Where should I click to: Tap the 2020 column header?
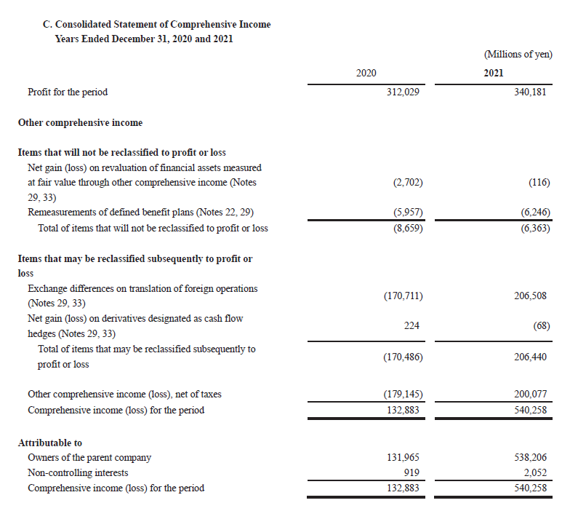[366, 73]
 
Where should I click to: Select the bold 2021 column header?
[493, 73]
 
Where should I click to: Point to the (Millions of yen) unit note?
[517, 55]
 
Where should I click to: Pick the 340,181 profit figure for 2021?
[529, 92]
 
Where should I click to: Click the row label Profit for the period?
[67, 92]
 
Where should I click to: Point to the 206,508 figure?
[529, 296]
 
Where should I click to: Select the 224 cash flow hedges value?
[412, 326]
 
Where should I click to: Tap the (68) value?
[541, 326]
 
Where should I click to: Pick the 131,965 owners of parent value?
[403, 458]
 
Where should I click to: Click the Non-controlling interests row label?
[77, 472]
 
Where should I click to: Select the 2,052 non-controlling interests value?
[534, 472]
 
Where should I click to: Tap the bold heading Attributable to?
[49, 443]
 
